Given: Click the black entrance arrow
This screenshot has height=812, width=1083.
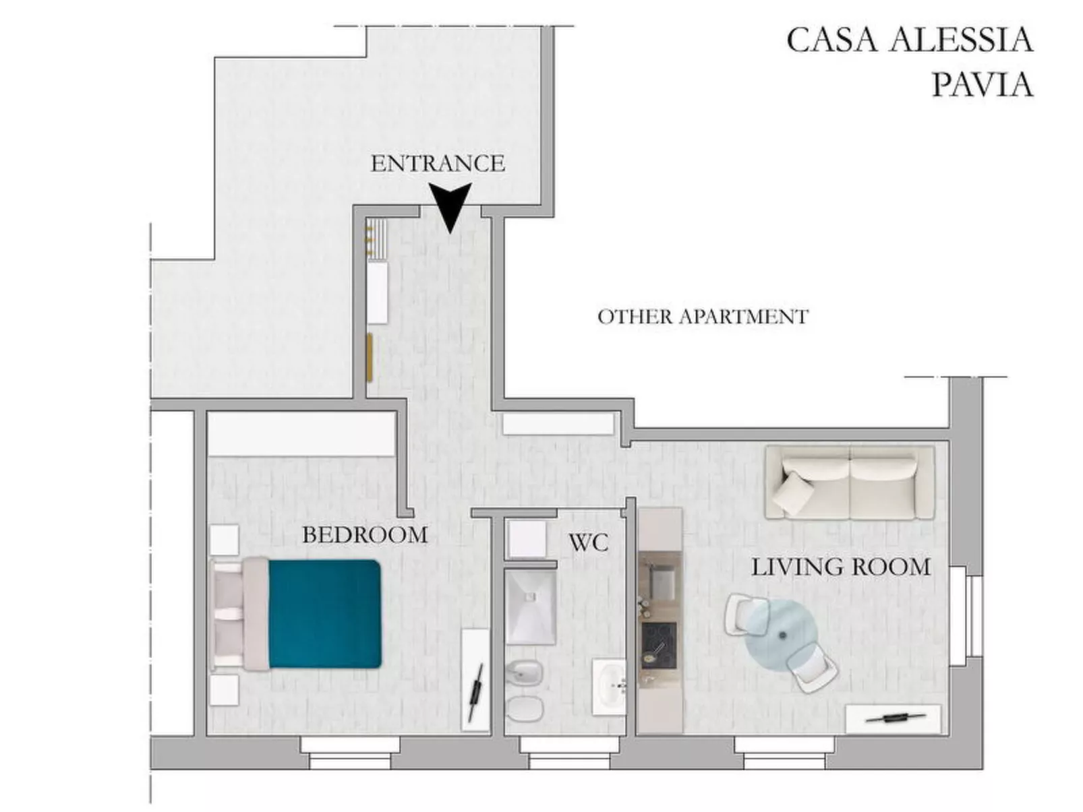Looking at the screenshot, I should pos(450,206).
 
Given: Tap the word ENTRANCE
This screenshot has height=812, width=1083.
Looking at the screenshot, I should pos(438,164).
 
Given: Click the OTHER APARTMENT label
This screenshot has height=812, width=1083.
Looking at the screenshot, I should pos(703,317).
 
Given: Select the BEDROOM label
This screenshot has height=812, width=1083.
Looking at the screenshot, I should pos(365,535).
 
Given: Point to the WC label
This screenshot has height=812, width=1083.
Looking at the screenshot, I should pos(588,542).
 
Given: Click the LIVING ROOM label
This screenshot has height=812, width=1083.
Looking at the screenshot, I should pos(840,567).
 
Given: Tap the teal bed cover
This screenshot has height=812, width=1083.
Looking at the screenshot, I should pos(325,614).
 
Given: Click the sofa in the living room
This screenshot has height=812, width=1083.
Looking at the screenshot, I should pos(850,482).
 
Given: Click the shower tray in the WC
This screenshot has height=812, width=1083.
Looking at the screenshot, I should pos(531,607).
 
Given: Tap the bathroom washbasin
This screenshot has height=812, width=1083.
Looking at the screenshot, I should pos(610,686).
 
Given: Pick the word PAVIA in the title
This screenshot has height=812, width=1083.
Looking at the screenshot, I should pos(982,86).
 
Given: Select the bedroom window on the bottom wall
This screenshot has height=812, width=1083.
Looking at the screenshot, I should pos(350,752).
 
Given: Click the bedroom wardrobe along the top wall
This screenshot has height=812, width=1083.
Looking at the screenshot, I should pos(301,434).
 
